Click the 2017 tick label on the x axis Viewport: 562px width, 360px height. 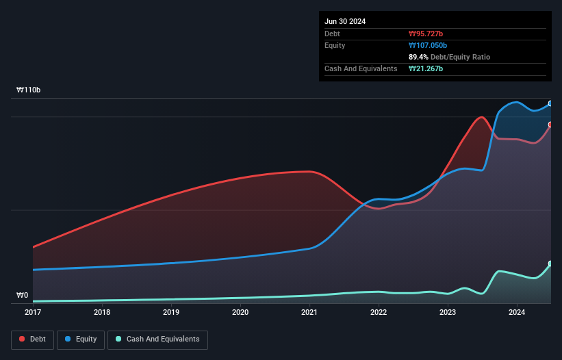coord(32,313)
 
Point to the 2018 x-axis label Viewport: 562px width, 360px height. coord(101,313)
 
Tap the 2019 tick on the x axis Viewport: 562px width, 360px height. coord(171,313)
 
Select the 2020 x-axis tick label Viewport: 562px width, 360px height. coord(240,313)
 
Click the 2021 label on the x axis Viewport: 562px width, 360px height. coord(309,313)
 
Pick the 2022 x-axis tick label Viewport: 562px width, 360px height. coord(379,313)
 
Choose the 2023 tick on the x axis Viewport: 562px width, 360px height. coord(448,313)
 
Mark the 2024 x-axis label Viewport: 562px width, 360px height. coord(517,313)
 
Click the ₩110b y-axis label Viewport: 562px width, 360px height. coord(29,90)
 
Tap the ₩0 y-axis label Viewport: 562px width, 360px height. coord(23,296)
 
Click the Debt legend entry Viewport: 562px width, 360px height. coord(31,339)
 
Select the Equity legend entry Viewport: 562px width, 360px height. coord(81,339)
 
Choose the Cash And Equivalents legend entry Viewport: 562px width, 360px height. coord(157,339)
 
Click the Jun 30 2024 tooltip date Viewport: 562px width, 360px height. coord(345,21)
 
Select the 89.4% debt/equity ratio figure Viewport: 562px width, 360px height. coord(420,57)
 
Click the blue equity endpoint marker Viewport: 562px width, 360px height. coord(550,103)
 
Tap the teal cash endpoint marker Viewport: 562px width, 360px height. coord(550,263)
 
